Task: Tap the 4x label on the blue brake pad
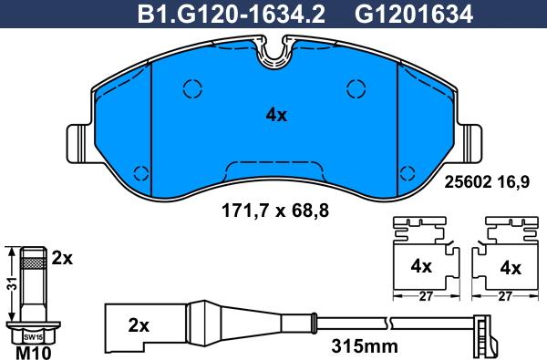pos(275,116)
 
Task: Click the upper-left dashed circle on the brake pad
pos(191,88)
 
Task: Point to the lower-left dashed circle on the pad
pos(139,173)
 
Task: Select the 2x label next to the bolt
pos(61,259)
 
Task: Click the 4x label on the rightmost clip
pos(511,268)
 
